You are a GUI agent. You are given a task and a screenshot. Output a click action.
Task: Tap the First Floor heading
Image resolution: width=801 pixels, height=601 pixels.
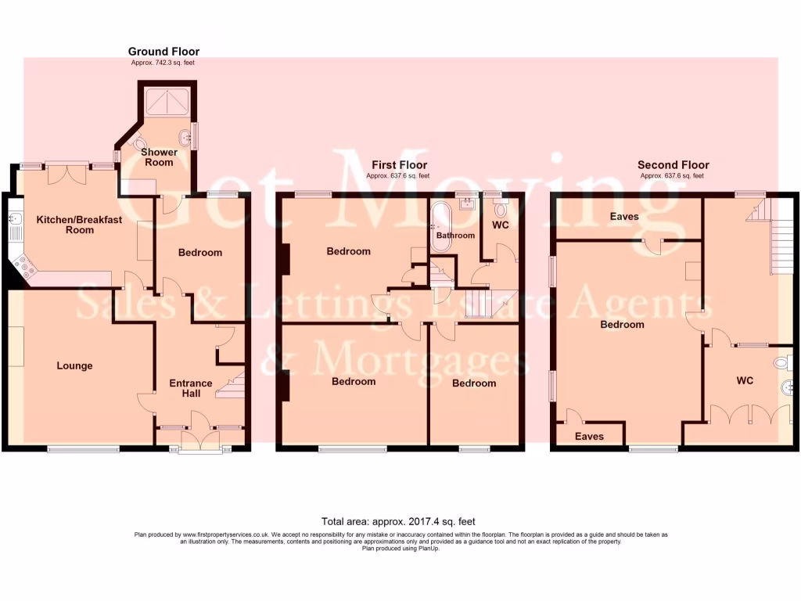click(x=399, y=165)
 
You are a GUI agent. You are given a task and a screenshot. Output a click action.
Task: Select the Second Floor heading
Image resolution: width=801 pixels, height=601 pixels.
click(x=673, y=165)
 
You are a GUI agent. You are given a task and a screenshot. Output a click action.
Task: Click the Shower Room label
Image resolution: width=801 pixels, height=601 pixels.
click(x=159, y=157)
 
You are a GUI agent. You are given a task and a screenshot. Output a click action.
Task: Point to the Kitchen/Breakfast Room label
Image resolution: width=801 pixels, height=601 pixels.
click(x=79, y=225)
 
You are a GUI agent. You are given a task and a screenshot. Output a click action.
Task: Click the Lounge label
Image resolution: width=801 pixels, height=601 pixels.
click(x=74, y=365)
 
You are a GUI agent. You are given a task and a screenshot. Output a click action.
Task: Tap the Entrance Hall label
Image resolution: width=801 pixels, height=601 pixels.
click(x=191, y=388)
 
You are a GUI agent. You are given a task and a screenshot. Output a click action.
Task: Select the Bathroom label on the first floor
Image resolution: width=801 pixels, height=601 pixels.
click(x=455, y=236)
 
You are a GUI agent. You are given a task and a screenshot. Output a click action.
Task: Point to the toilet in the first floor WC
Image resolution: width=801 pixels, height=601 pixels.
click(x=501, y=210)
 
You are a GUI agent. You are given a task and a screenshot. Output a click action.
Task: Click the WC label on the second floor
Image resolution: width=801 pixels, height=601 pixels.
click(x=744, y=380)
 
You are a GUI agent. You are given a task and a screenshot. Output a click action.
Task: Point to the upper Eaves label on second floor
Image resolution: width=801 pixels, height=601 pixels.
click(x=624, y=217)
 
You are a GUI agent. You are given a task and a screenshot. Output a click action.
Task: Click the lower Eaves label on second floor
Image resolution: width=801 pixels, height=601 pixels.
click(x=589, y=436)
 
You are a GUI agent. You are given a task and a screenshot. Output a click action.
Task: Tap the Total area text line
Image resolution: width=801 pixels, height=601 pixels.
click(x=398, y=521)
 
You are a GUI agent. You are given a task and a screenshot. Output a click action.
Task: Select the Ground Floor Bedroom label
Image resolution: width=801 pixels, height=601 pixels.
click(x=200, y=253)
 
